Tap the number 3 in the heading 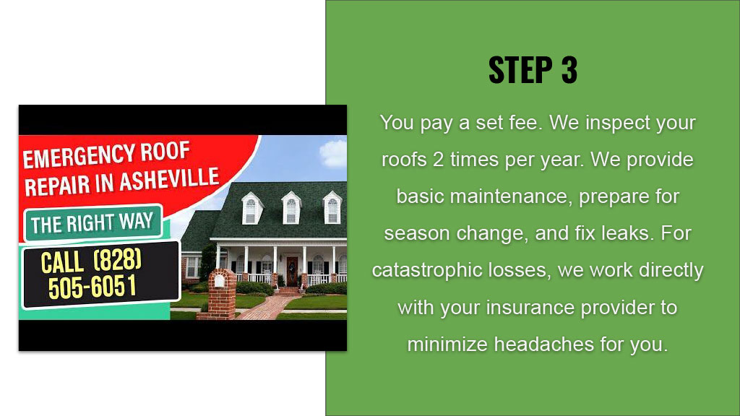(569, 70)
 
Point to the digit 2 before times (439, 160)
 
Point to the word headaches (544, 344)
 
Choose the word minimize (448, 344)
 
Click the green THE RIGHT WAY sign (93, 222)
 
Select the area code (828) (118, 259)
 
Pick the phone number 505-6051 (92, 287)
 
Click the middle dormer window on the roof (291, 208)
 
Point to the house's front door (293, 271)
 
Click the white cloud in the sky (334, 153)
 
